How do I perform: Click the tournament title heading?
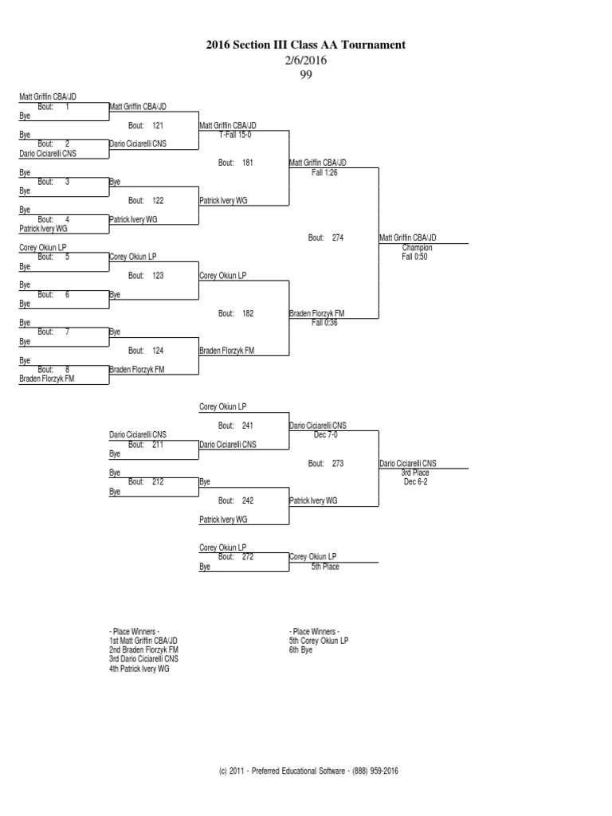306,45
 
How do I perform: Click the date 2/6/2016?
306,61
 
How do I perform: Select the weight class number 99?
306,75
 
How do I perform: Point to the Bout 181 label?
236,163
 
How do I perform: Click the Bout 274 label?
326,237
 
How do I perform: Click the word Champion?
418,248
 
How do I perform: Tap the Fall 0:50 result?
415,257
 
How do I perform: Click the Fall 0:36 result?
325,323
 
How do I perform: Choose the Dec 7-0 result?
327,435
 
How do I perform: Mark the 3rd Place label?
415,473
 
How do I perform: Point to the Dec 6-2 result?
416,482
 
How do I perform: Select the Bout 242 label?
236,500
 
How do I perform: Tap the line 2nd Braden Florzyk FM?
143,649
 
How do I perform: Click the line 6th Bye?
301,649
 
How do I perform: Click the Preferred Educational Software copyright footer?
307,771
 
